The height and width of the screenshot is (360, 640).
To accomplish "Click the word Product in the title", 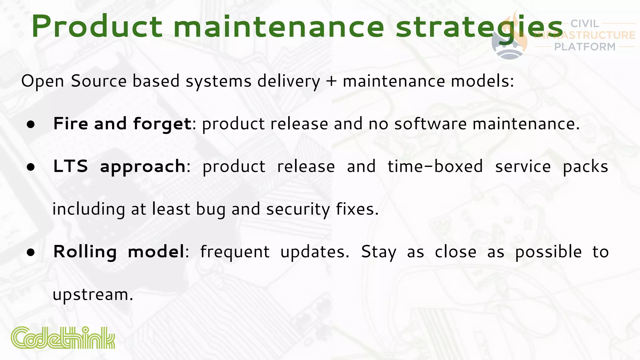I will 97,27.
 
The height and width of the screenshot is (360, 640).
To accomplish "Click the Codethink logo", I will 63,338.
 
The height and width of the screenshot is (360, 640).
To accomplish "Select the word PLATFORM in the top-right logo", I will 585,47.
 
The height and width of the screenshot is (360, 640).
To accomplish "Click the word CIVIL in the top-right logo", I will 584,24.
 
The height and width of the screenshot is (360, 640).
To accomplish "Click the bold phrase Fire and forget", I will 122,124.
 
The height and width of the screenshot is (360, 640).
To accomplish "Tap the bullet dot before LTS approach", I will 31,167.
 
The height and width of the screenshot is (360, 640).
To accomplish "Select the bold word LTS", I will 71,166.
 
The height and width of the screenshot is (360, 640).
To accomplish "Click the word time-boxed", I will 435,166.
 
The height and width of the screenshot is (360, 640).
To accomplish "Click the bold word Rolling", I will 85,252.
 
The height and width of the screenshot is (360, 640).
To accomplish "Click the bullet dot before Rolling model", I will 31,252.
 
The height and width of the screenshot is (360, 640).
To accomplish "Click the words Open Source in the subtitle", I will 74,81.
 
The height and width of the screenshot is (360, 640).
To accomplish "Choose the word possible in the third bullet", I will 548,252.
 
